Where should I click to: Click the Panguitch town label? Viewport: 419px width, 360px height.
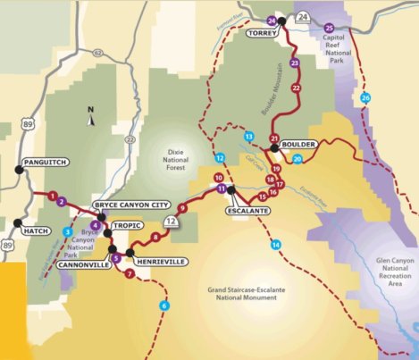point(43,163)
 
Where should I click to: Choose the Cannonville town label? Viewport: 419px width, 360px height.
point(83,265)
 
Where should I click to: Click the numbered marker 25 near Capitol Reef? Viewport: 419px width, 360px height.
point(329,27)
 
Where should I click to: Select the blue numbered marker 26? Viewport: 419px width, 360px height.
point(365,96)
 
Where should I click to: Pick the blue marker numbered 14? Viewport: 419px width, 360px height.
point(275,245)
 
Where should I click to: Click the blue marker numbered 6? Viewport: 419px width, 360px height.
point(163,306)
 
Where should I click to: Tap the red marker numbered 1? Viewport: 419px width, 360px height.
point(53,195)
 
